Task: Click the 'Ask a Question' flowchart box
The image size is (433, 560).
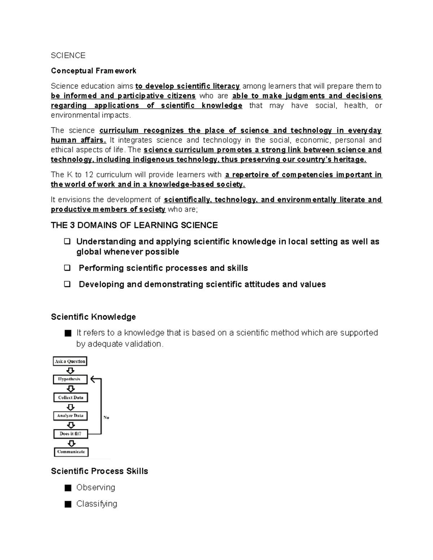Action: (x=70, y=361)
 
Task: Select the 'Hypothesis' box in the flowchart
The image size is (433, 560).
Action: (x=70, y=379)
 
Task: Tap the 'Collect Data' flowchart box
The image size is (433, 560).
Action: (x=71, y=397)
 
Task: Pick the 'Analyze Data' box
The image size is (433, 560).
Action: (x=70, y=416)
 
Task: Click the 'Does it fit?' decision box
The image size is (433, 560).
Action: (x=71, y=434)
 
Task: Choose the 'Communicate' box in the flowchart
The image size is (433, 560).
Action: (x=71, y=452)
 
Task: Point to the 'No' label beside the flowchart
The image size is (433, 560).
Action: (x=106, y=418)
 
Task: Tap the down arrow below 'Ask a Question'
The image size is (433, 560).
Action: (x=71, y=370)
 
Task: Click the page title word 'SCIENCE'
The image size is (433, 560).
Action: (x=68, y=56)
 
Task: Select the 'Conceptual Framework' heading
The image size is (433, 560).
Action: (x=93, y=71)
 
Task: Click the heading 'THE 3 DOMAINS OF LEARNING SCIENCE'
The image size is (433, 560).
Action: (x=134, y=225)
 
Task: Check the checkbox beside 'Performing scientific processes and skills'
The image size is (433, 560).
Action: (x=67, y=268)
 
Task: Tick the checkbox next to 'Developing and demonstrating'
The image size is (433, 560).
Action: (x=67, y=284)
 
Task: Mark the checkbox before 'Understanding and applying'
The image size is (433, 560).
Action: (x=67, y=242)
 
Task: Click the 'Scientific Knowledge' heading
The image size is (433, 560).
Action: (x=93, y=317)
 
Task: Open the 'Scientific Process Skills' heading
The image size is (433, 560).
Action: (x=100, y=471)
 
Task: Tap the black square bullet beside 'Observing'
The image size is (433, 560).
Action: (x=68, y=488)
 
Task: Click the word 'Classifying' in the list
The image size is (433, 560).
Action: (x=97, y=504)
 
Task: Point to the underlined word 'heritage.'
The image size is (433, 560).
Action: (x=350, y=160)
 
